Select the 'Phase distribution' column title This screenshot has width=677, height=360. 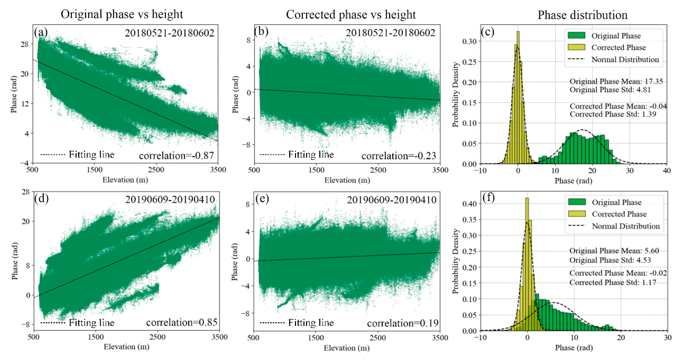[582, 15]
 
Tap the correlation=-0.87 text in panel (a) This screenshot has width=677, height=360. [176, 156]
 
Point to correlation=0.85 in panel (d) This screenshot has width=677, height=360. [182, 322]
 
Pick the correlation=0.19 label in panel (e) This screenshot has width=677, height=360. [403, 323]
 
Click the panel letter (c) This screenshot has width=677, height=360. [488, 32]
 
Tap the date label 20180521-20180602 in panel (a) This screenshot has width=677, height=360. [169, 33]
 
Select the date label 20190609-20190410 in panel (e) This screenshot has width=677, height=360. [392, 200]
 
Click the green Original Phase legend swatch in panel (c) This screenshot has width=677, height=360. [576, 36]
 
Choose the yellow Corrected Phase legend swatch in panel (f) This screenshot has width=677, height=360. [577, 214]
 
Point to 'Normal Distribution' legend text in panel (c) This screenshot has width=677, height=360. [625, 59]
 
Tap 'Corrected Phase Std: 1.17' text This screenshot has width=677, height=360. [613, 282]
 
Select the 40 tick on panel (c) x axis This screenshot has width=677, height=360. [667, 171]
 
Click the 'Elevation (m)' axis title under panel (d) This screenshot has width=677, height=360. [126, 347]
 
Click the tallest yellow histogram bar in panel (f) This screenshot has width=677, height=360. [527, 263]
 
